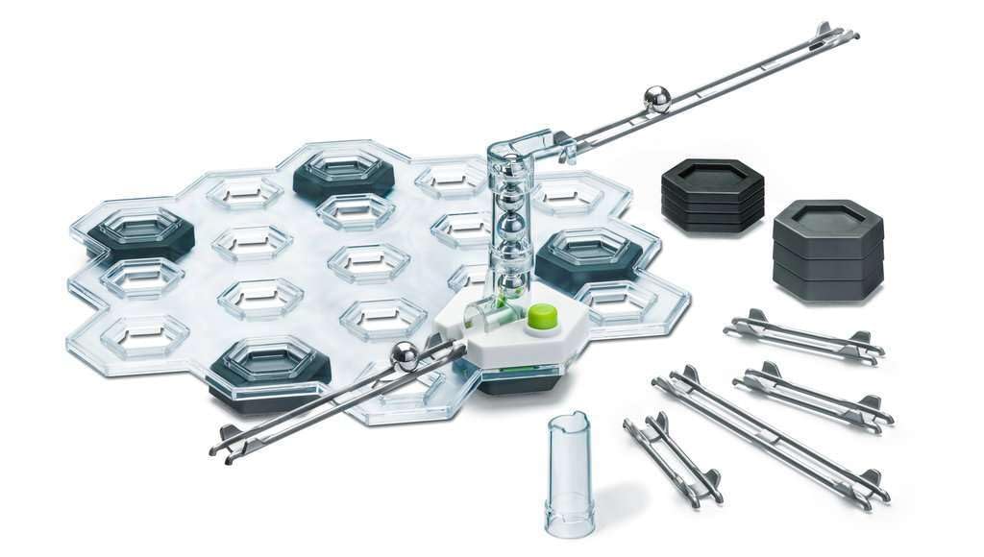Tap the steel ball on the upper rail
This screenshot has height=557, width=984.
click(x=657, y=98)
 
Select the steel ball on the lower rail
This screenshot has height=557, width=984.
click(x=405, y=357)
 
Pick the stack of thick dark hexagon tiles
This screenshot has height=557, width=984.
click(x=826, y=250)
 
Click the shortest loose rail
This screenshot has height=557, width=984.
click(x=672, y=460)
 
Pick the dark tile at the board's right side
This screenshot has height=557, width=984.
click(x=588, y=254)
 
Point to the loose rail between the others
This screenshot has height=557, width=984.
click(x=813, y=395)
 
